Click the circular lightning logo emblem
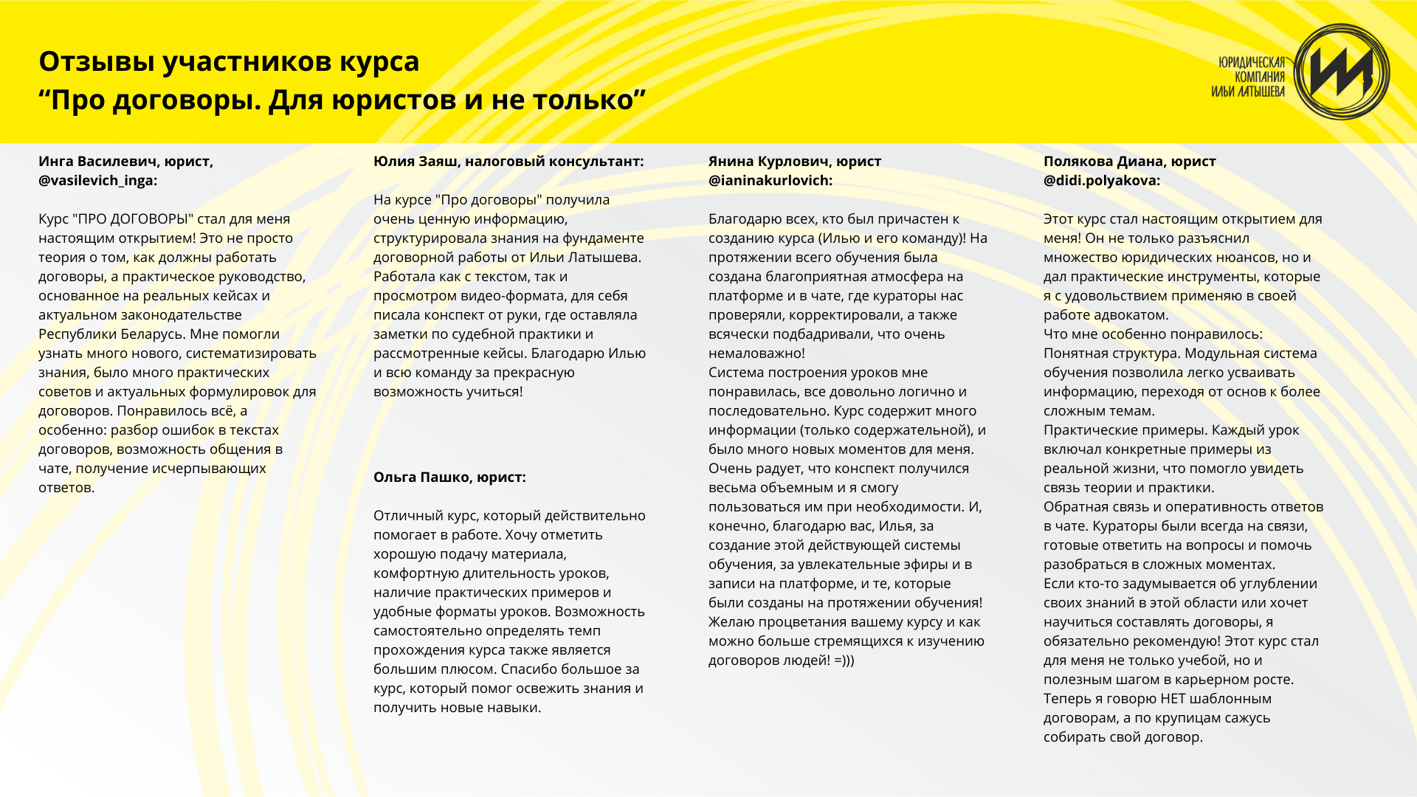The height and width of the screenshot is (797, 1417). (1342, 72)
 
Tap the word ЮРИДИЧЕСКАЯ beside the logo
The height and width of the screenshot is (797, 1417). (1252, 63)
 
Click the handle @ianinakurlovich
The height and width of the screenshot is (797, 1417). (769, 181)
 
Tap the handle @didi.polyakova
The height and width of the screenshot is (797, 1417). (1100, 181)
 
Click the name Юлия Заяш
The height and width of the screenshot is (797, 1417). (415, 162)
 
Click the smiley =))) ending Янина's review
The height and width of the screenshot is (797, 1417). (844, 660)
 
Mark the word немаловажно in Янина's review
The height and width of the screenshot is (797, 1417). (755, 353)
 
